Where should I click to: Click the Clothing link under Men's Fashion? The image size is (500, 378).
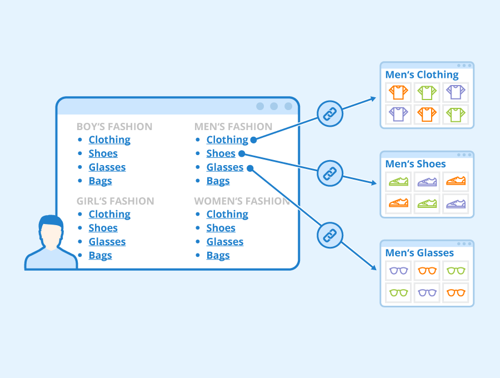[227, 140]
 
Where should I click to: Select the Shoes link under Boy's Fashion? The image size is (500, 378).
[103, 153]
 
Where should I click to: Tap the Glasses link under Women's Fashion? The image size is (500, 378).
[224, 242]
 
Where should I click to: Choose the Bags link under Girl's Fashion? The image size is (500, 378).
[100, 256]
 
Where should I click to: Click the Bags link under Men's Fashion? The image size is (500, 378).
[218, 181]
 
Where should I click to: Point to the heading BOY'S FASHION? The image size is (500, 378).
[114, 127]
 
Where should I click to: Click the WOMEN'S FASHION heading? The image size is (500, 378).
[242, 201]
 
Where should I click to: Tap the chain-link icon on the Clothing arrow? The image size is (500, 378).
[330, 115]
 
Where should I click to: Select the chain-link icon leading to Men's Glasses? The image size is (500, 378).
[330, 235]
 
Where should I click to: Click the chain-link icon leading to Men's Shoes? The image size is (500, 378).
[330, 174]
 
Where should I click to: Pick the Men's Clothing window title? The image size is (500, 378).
[422, 75]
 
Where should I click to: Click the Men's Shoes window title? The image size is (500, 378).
[416, 164]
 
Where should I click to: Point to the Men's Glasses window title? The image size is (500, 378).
[419, 253]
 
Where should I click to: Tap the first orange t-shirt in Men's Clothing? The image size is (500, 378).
[398, 92]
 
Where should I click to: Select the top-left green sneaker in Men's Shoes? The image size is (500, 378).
[398, 181]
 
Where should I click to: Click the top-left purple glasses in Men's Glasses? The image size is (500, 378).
[398, 271]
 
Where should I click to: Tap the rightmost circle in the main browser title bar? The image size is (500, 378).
[288, 106]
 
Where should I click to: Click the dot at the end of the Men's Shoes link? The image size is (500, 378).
[241, 154]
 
